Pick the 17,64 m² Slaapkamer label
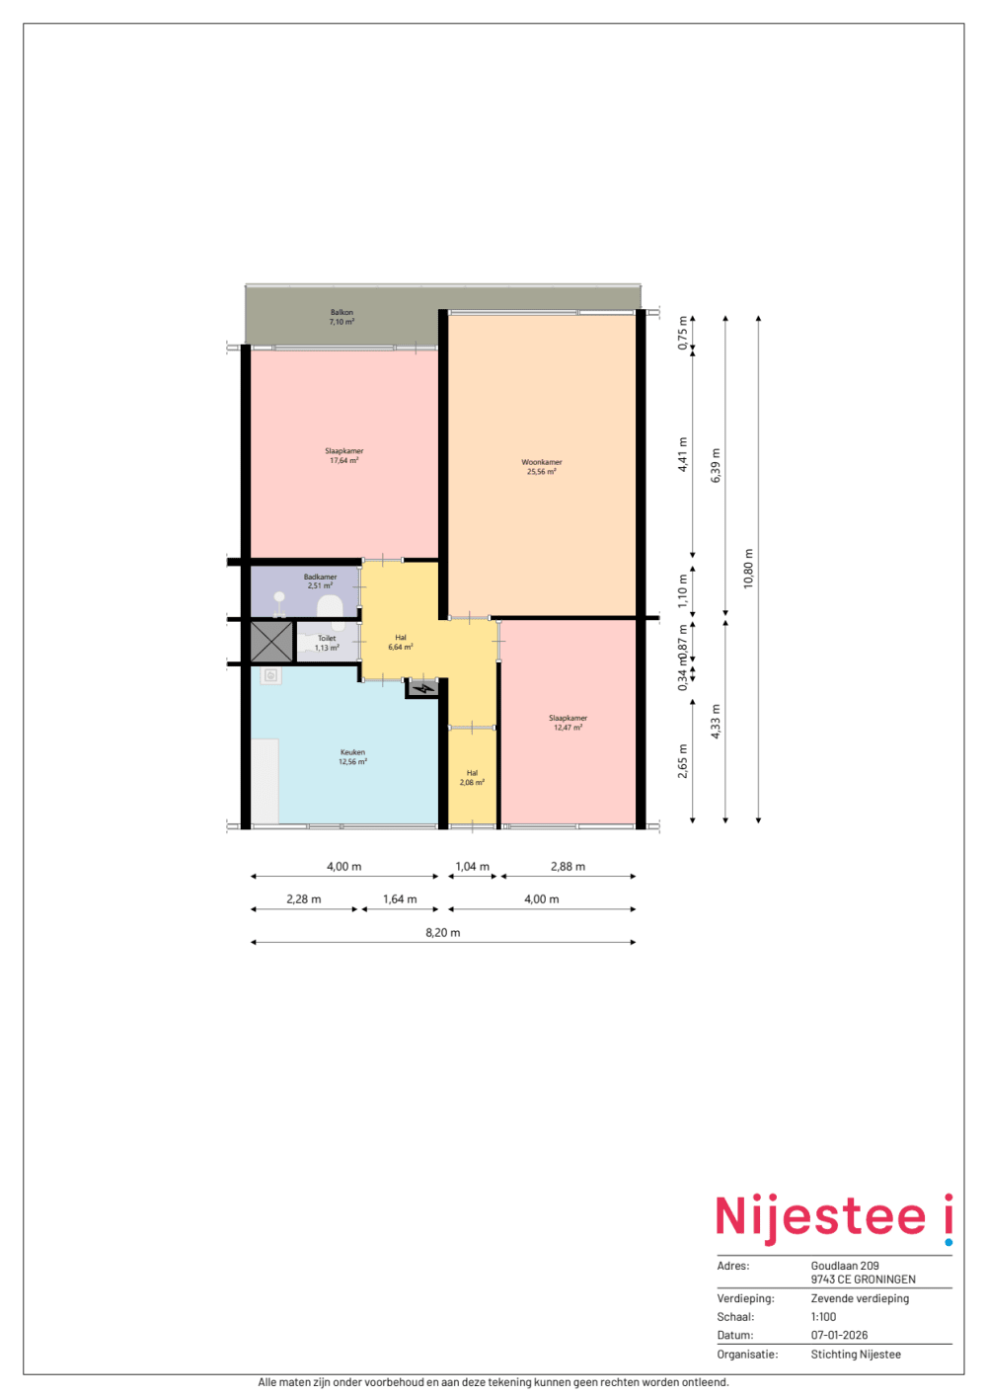pyautogui.click(x=343, y=455)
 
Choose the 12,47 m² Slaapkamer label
pyautogui.click(x=568, y=723)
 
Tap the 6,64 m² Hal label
pyautogui.click(x=401, y=643)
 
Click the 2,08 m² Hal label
pyautogui.click(x=472, y=778)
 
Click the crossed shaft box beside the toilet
pyautogui.click(x=271, y=642)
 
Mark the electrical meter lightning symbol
pyautogui.click(x=424, y=688)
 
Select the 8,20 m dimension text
pyautogui.click(x=443, y=932)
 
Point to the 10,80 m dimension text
pyautogui.click(x=748, y=568)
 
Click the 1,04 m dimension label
pyautogui.click(x=472, y=866)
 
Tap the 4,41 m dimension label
pyautogui.click(x=683, y=454)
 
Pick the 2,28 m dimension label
pyautogui.click(x=304, y=898)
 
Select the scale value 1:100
pyautogui.click(x=823, y=1317)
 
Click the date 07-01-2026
pyautogui.click(x=839, y=1335)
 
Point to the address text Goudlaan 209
pyautogui.click(x=845, y=1266)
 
